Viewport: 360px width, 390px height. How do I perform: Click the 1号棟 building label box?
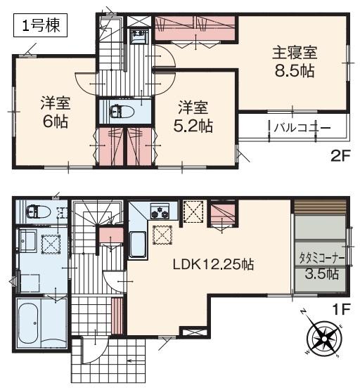pos(40,27)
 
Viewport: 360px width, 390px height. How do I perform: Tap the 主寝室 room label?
pos(295,52)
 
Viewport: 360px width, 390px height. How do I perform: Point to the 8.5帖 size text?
pos(295,70)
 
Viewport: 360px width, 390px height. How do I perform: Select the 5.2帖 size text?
pos(194,126)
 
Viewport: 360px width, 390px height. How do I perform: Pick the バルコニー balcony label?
pos(302,127)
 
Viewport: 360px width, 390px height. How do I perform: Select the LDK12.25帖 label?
pos(213,265)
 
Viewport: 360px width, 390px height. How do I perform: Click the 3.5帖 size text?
pos(321,274)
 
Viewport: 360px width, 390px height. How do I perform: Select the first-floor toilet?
pos(35,211)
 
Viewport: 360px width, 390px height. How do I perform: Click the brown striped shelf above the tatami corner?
pos(319,209)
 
